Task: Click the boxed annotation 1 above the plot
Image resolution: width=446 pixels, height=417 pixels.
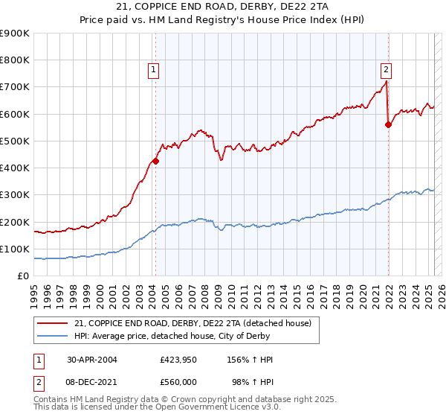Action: (153, 71)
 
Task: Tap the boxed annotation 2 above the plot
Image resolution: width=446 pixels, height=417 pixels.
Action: (387, 71)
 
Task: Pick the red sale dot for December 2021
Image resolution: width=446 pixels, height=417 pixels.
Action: (388, 124)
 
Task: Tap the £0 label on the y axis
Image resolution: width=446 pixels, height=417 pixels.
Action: (23, 276)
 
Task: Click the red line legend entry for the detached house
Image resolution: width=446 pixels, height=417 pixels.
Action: (196, 323)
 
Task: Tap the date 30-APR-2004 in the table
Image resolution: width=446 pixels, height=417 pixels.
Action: (91, 359)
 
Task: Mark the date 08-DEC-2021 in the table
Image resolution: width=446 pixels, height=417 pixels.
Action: (92, 381)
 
